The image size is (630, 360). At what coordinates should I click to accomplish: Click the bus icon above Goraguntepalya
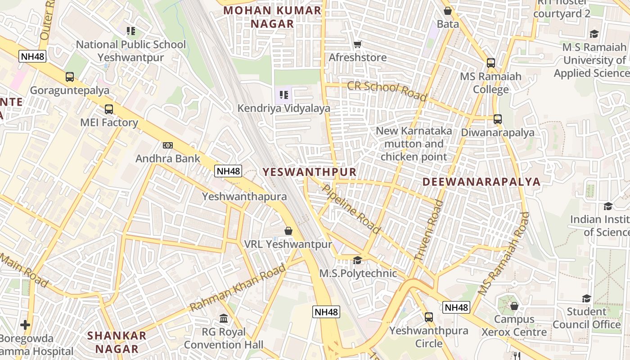point(70,77)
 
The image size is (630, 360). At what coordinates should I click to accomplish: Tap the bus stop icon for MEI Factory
point(109,109)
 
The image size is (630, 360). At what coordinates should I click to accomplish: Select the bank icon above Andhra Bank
point(168,145)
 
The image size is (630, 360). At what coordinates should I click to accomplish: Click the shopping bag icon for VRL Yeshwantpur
point(288,231)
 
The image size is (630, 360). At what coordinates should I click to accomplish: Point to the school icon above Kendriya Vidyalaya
point(283,95)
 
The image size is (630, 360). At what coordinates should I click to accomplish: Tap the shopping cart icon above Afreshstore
point(358,44)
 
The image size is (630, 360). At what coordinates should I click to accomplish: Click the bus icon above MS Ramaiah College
point(491,63)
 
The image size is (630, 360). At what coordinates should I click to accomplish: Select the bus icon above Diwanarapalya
point(498,119)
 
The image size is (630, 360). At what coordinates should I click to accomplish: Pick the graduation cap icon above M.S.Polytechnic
point(358,260)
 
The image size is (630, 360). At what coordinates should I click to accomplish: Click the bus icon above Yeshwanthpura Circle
point(429,317)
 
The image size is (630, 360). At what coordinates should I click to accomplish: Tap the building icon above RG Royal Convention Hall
point(224,319)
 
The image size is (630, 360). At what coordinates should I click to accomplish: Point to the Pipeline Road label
point(351,209)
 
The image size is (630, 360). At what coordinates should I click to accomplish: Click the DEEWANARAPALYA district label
point(481,182)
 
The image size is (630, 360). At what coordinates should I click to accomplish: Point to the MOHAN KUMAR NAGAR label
point(272,17)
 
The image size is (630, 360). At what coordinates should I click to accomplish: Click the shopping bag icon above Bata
point(448,11)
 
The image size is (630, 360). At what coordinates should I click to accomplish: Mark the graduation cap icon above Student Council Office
point(586,298)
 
